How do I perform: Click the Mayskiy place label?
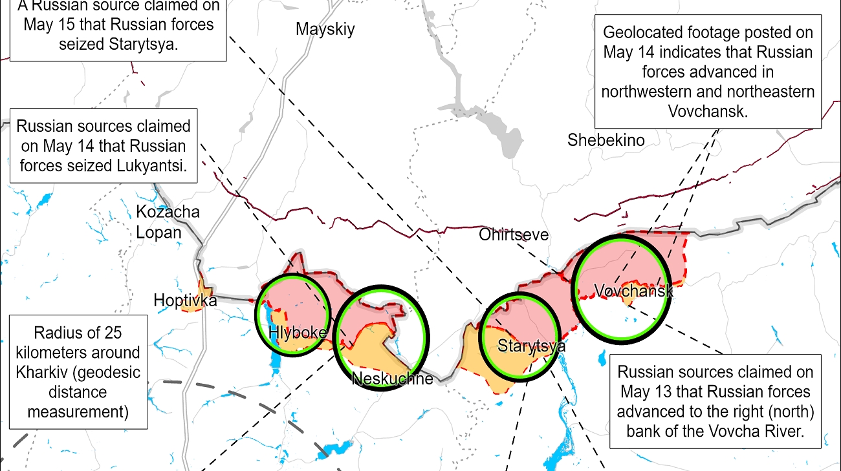(325, 29)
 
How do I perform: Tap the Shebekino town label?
(606, 140)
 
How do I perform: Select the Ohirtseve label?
(514, 235)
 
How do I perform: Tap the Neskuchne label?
(392, 379)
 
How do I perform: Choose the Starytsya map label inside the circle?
(531, 346)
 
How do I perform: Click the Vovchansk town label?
(633, 291)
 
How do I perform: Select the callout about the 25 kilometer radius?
(78, 372)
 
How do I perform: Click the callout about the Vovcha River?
(715, 401)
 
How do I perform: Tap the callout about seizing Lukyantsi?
(104, 145)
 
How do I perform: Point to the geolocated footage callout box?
(707, 71)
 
